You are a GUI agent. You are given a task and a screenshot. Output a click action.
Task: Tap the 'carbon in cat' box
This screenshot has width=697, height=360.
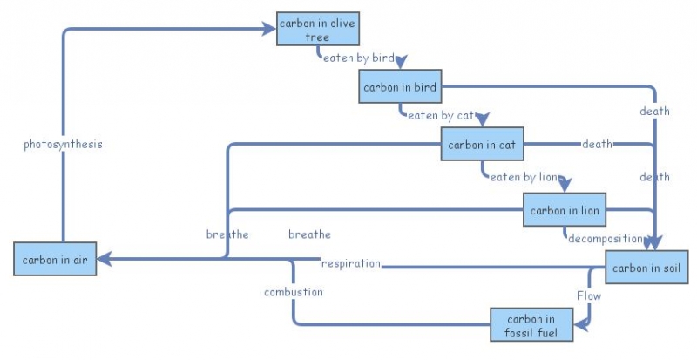pos(482,145)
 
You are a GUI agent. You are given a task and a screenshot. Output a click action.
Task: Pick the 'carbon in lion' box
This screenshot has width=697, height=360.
pos(564,210)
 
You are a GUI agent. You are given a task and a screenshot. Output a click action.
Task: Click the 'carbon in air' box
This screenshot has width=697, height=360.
pos(55,260)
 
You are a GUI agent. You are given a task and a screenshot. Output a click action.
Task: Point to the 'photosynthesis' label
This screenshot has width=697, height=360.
pos(63,145)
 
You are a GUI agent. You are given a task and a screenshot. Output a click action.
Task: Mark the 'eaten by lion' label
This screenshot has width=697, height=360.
pos(523,178)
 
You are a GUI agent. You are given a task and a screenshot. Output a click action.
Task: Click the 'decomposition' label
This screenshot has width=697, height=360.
pos(605,238)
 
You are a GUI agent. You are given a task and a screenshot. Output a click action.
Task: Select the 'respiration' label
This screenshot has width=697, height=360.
pos(351,263)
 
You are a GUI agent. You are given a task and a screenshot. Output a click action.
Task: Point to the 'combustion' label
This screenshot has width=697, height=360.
pos(294,292)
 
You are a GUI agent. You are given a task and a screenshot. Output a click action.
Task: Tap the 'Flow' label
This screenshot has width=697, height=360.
pos(589,296)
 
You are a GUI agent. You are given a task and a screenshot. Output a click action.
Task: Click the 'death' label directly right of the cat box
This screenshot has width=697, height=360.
pos(597,144)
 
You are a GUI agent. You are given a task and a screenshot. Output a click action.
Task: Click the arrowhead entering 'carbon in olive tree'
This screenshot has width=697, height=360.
pos(269,29)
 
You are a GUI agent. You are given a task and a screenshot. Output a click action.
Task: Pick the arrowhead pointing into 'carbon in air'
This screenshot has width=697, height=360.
pos(104,259)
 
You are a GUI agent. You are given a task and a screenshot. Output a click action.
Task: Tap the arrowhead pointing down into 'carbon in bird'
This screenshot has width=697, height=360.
pos(400,64)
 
